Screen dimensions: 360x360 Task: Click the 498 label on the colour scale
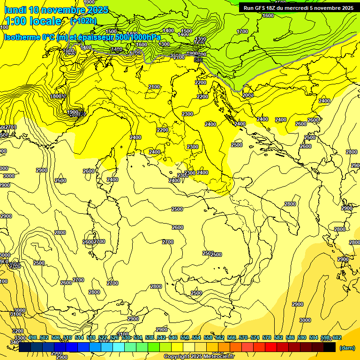point(32,337)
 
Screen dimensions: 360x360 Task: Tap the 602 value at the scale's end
point(337,337)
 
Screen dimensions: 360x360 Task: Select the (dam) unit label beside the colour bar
point(347,347)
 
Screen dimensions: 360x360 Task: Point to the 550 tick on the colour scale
point(185,337)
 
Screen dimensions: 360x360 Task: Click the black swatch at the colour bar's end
point(330,347)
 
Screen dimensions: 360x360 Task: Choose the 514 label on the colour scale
point(79,337)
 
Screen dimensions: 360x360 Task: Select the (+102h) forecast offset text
point(83,21)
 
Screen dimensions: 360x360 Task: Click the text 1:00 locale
point(34,21)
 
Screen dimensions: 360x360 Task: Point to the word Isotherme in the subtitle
point(22,37)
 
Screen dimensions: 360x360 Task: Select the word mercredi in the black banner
point(305,8)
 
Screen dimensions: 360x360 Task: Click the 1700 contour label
point(242,31)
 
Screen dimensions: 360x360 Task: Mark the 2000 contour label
point(248,95)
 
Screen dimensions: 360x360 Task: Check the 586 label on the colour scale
point(290,337)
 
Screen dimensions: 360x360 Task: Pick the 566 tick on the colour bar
point(232,337)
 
